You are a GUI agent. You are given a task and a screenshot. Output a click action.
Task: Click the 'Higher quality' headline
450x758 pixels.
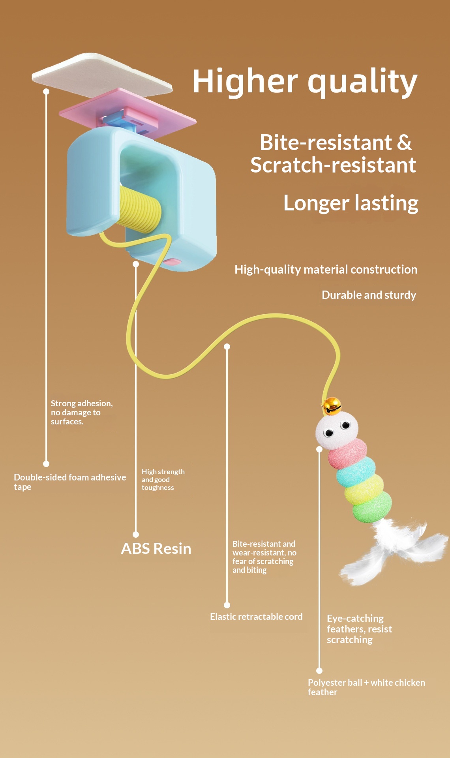coord(305,81)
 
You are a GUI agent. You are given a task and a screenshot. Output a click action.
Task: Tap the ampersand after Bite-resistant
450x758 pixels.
coord(404,143)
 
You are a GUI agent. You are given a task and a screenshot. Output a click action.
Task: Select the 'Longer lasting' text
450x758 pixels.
coord(351,203)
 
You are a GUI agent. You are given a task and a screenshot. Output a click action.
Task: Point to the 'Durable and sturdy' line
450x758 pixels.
coord(369,295)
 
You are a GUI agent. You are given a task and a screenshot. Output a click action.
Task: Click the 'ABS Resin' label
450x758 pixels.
coord(156,548)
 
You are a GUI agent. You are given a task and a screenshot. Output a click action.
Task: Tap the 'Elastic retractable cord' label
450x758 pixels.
coord(256,617)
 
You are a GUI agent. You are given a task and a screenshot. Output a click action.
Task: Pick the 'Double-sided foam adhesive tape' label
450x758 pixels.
coord(69,482)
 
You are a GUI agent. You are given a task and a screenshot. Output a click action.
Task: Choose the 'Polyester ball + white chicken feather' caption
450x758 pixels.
coord(366,687)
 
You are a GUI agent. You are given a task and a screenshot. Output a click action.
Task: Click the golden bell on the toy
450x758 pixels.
coord(332,405)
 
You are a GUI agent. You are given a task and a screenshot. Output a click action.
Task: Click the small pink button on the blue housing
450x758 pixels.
coord(172,262)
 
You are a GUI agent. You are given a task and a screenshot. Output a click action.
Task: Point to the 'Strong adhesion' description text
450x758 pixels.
coord(81,412)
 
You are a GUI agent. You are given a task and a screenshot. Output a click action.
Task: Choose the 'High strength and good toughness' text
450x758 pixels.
coord(163,479)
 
